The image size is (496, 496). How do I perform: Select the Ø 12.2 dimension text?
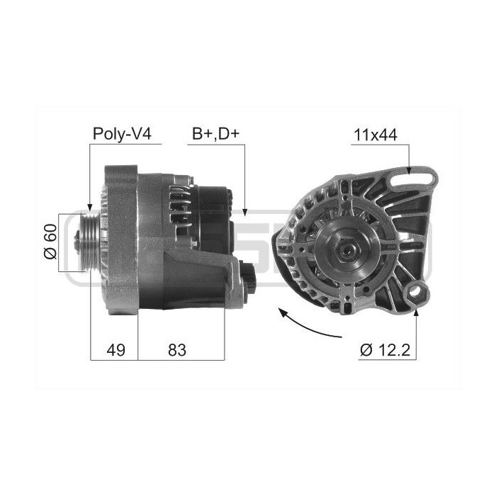click(385, 350)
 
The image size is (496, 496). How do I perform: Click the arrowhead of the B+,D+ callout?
click(244, 212)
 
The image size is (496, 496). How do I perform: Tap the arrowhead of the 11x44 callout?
click(410, 170)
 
